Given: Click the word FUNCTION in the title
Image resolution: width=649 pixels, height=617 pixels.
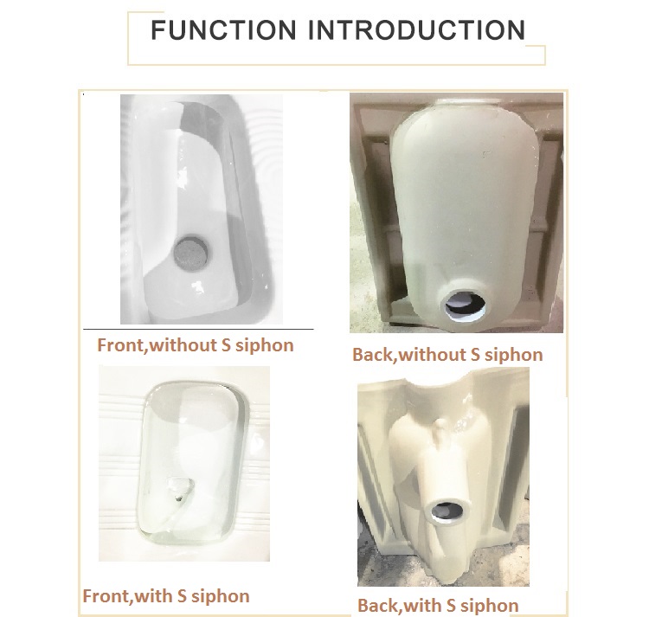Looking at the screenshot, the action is point(223,29).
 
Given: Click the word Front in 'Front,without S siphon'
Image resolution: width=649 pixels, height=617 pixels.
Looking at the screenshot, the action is point(120,345).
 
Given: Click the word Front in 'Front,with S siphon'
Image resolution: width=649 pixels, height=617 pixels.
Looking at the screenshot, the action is point(106,596).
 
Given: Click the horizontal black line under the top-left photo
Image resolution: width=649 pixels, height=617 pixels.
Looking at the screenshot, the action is point(198,330).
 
